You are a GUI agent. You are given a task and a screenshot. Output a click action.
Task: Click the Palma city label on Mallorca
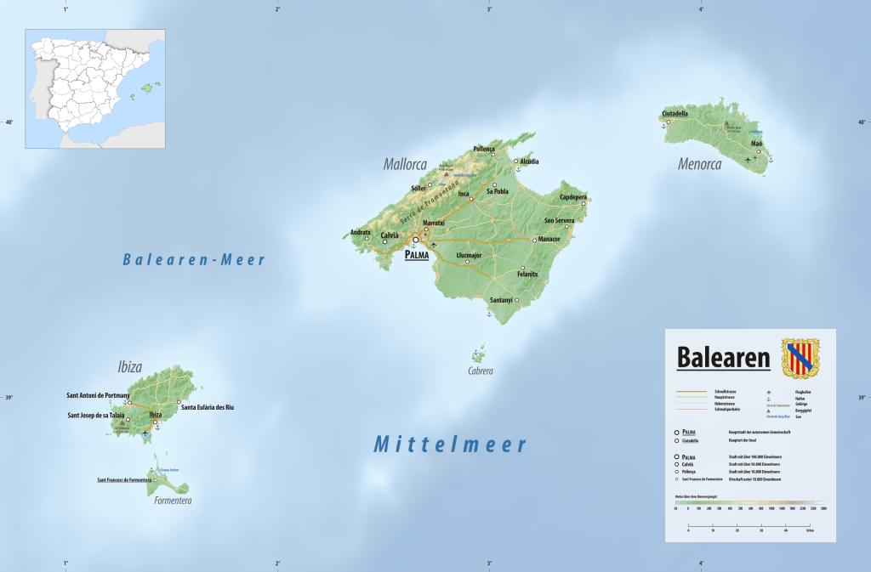(x=417, y=254)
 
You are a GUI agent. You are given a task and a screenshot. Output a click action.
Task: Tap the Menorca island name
(x=699, y=164)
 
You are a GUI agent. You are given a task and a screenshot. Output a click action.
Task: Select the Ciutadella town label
(x=675, y=113)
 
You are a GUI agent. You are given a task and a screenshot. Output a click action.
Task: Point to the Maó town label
(x=756, y=144)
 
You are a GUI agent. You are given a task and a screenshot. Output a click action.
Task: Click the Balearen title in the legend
(x=723, y=358)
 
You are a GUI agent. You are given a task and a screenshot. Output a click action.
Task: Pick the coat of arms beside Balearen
(x=800, y=357)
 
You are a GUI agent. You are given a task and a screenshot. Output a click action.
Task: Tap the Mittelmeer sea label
(x=450, y=444)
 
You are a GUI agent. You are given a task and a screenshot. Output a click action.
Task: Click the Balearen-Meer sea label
(x=194, y=260)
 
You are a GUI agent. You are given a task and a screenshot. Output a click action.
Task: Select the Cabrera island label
(x=481, y=371)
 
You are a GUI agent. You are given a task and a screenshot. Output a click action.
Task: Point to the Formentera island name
(x=173, y=501)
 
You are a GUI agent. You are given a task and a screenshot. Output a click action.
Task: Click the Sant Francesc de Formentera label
(x=124, y=480)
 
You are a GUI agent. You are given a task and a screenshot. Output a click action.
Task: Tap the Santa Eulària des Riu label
(x=208, y=407)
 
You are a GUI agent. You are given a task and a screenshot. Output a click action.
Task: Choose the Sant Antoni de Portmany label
(x=99, y=395)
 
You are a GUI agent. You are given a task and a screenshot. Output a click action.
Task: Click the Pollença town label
(x=484, y=149)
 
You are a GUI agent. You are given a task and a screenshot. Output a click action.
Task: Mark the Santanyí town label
(x=502, y=300)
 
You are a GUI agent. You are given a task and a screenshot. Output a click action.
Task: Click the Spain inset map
(x=95, y=88)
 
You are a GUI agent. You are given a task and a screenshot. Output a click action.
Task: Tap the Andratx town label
(x=361, y=232)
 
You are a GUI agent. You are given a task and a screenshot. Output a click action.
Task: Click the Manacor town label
(x=549, y=240)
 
